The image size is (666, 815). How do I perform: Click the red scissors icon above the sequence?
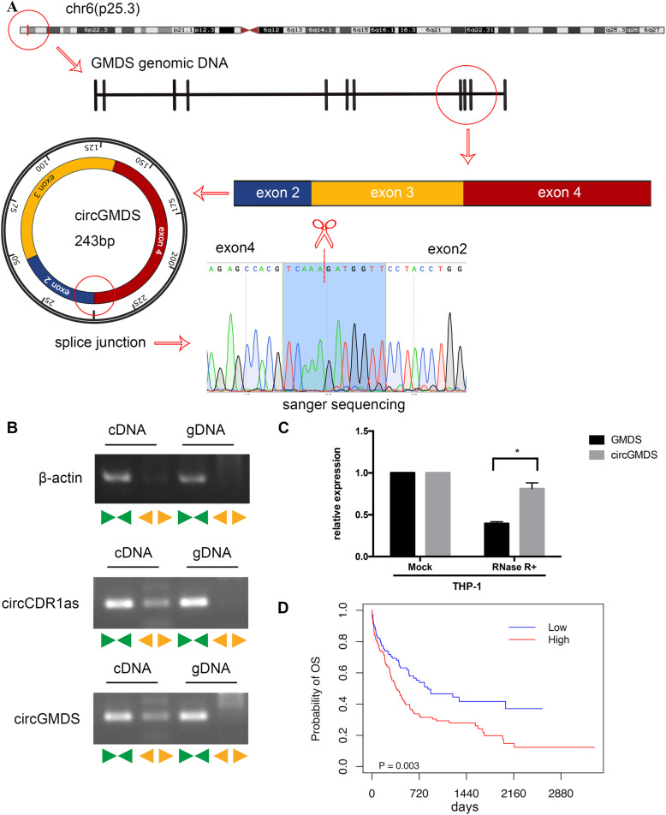324,233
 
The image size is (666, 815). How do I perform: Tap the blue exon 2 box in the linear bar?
272,193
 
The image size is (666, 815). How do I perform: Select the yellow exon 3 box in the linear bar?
386,193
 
